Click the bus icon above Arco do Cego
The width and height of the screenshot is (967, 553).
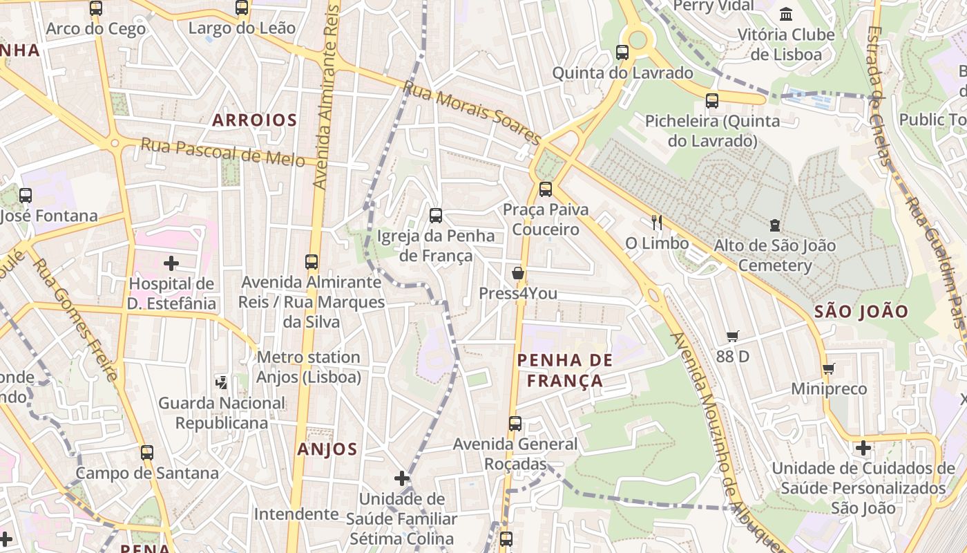coord(96,8)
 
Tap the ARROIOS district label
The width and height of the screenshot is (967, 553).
coord(255,120)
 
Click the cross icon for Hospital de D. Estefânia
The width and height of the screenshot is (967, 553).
coord(171,263)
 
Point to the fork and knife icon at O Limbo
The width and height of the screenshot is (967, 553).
coord(657,223)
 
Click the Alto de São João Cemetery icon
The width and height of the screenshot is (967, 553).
coord(775,225)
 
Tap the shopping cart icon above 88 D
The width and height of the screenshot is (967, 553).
coord(733,337)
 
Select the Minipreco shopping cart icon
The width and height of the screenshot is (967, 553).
coord(829,368)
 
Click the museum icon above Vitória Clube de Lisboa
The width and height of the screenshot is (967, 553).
coord(786,14)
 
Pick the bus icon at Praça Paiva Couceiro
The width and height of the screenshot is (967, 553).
coord(546,189)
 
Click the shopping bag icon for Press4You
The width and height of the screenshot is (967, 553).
coord(518,274)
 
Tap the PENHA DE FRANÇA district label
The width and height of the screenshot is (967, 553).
coord(565,370)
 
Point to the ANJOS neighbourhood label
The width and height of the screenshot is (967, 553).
coord(327,449)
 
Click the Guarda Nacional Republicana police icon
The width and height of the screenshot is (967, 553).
coord(222,382)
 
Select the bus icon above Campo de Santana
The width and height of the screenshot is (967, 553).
coord(147,453)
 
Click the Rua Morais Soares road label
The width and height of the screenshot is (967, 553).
coord(472,113)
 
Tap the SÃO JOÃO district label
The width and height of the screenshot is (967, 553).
coord(861,311)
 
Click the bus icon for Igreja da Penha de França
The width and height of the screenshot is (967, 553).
coord(436,216)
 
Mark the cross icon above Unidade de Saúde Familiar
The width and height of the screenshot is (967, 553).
coord(402,478)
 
